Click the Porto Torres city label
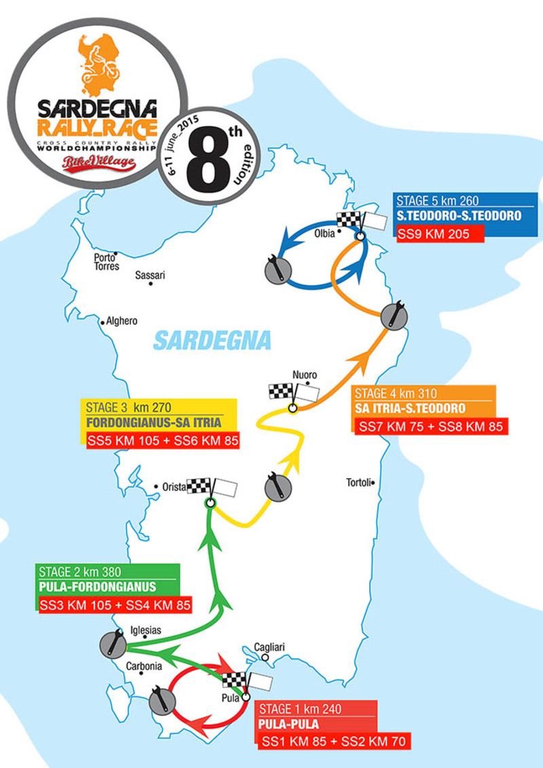[107, 262]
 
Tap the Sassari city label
[150, 275]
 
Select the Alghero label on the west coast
[123, 321]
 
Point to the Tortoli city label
[358, 483]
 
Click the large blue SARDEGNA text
[212, 340]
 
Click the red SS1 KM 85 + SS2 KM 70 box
[333, 742]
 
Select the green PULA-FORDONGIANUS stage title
[98, 587]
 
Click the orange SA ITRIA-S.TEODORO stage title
[410, 408]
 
